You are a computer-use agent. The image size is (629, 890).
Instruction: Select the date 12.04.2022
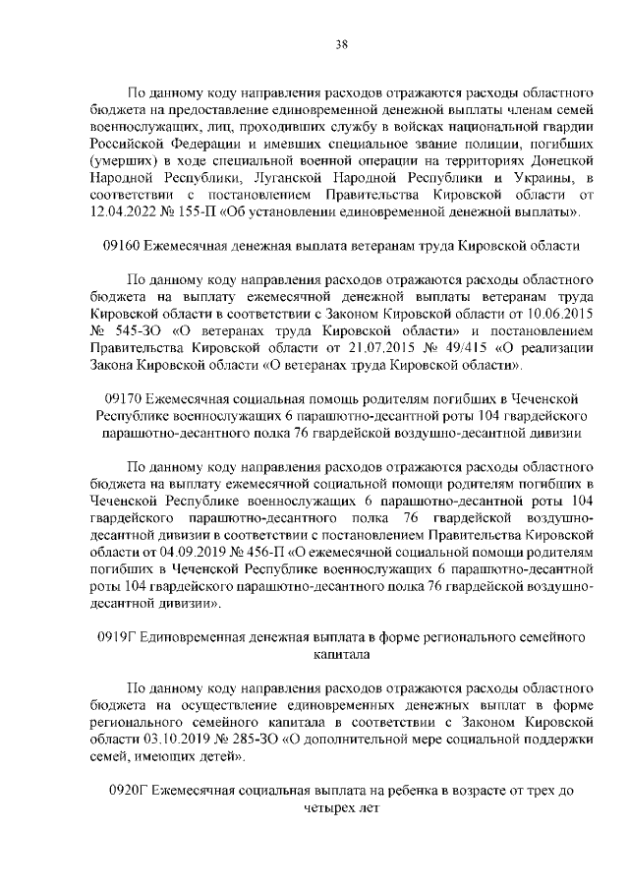[x=121, y=212]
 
